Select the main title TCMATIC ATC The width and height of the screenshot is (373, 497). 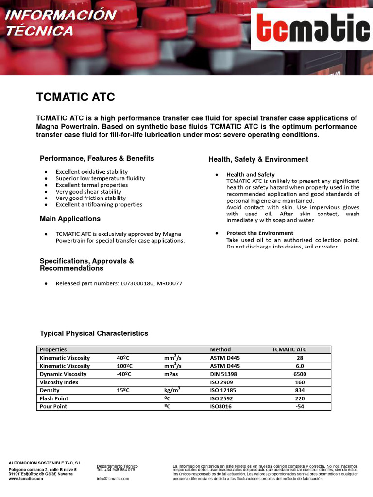75,97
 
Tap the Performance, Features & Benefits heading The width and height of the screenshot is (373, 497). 97,158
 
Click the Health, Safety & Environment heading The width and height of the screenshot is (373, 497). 258,159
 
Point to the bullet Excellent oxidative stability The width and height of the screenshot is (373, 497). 91,172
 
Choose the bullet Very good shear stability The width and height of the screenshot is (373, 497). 88,192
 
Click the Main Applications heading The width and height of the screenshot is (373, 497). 70,219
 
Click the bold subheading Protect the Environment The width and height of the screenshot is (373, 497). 260,233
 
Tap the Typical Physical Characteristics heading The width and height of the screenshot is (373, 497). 94,333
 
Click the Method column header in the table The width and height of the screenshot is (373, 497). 220,349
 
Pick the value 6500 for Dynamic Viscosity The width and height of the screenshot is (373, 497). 299,374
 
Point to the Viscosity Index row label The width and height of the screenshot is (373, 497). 59,382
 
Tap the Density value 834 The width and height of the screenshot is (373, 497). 299,390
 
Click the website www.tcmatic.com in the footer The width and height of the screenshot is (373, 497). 26,478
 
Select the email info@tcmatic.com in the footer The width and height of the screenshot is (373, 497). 113,478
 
